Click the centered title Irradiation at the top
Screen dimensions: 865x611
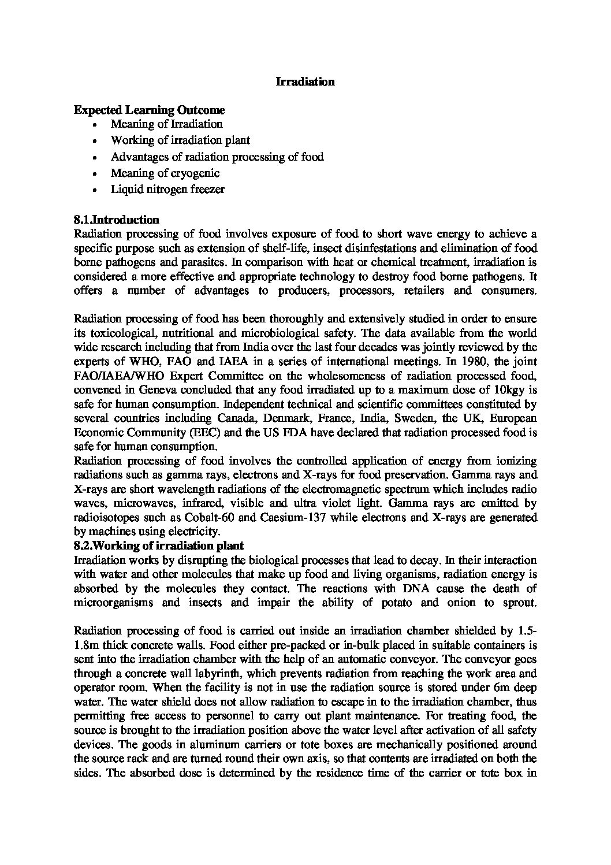[x=305, y=82]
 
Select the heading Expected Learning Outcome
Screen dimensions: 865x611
[x=149, y=110]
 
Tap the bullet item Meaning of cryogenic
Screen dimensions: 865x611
[x=165, y=173]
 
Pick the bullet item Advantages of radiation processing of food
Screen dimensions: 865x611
[x=217, y=157]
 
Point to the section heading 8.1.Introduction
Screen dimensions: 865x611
[x=117, y=220]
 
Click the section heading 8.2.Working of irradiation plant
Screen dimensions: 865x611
[x=159, y=545]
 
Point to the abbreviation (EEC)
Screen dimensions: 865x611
[x=203, y=432]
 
